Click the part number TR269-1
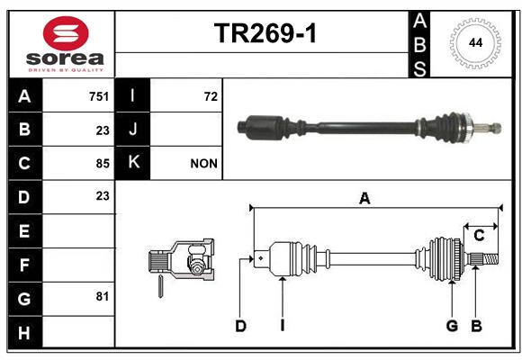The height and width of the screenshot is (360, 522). tap(265, 33)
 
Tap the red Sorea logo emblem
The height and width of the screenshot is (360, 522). tap(66, 33)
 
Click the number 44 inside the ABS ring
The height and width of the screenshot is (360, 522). tap(475, 43)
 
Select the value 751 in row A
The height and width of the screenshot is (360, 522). tap(99, 96)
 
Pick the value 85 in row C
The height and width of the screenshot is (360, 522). tap(103, 164)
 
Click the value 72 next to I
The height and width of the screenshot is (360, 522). tap(211, 96)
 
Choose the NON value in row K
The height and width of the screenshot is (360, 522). tap(203, 164)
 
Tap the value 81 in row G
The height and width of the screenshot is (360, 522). tap(103, 296)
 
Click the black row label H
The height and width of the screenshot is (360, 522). tap(24, 333)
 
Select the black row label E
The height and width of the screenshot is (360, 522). tap(24, 231)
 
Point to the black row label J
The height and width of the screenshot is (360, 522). tap(132, 130)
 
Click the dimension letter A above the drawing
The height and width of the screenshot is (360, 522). tap(364, 199)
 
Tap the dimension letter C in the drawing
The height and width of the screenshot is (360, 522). tap(479, 236)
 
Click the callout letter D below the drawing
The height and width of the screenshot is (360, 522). tap(240, 326)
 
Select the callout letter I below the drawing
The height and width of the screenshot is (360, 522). tap(283, 326)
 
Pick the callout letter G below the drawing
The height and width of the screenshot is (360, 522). tap(452, 326)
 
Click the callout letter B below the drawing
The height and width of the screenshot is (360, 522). tap(476, 326)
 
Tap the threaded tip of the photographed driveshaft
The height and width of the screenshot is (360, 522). tap(496, 128)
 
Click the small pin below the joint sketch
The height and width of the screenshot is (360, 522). tap(160, 286)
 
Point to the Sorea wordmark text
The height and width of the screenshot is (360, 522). tap(65, 58)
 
